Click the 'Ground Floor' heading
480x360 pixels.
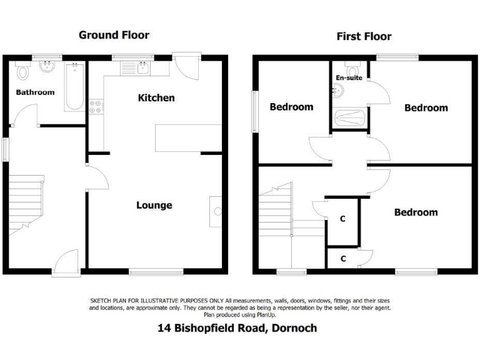pos(114,35)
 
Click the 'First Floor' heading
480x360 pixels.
pos(364,36)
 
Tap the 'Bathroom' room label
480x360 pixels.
pos(35,92)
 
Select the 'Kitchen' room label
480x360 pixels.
pos(156,98)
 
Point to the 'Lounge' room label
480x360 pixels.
pos(154,206)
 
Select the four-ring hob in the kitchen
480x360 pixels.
pos(96,107)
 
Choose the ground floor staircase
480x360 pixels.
pos(25,203)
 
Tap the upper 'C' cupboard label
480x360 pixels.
pos(342,219)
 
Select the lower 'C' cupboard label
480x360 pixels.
pos(342,257)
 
